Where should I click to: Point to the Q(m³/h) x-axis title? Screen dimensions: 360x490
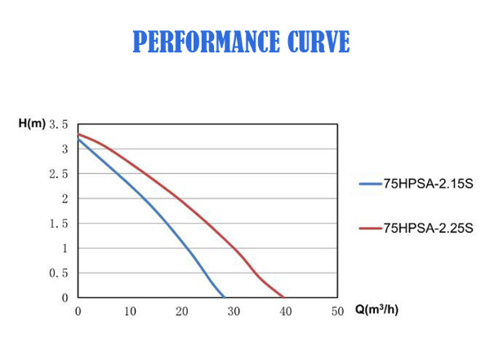point(376,311)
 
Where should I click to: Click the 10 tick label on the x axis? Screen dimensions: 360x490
point(130,312)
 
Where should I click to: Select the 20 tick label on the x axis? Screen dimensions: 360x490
point(182,312)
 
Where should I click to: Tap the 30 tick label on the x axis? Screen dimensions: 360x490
point(234,312)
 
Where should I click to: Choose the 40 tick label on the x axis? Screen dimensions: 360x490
point(286,312)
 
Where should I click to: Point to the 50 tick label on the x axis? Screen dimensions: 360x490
point(338,312)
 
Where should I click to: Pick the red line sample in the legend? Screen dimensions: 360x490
point(370,228)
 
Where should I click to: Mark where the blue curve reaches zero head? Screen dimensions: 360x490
point(225,297)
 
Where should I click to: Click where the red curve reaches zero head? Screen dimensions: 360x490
point(283,297)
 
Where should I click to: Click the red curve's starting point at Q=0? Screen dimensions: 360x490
point(78,134)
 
